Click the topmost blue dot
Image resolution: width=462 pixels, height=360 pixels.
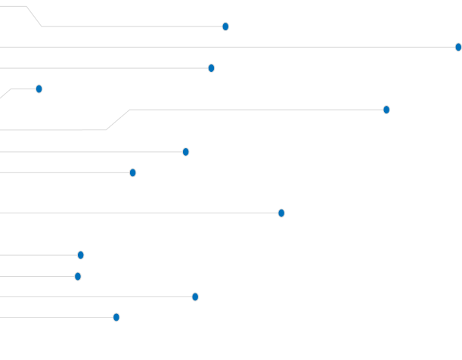tap(225, 26)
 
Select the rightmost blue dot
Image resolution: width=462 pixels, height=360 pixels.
tap(458, 47)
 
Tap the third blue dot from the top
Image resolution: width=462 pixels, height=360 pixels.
tap(211, 68)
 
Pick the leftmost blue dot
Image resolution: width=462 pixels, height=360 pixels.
tap(39, 88)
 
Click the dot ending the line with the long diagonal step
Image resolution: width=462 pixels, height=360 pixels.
tap(386, 110)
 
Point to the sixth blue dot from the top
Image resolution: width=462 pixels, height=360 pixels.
tap(186, 152)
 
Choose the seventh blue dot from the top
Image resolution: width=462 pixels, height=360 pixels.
tap(133, 172)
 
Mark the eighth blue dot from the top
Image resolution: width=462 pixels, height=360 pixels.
tap(281, 213)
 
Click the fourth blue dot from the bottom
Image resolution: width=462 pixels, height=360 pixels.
tap(81, 255)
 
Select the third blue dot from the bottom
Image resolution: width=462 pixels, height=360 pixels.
tap(78, 276)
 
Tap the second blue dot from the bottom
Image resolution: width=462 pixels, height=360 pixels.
tap(195, 296)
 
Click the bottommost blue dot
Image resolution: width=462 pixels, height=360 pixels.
tap(116, 317)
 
